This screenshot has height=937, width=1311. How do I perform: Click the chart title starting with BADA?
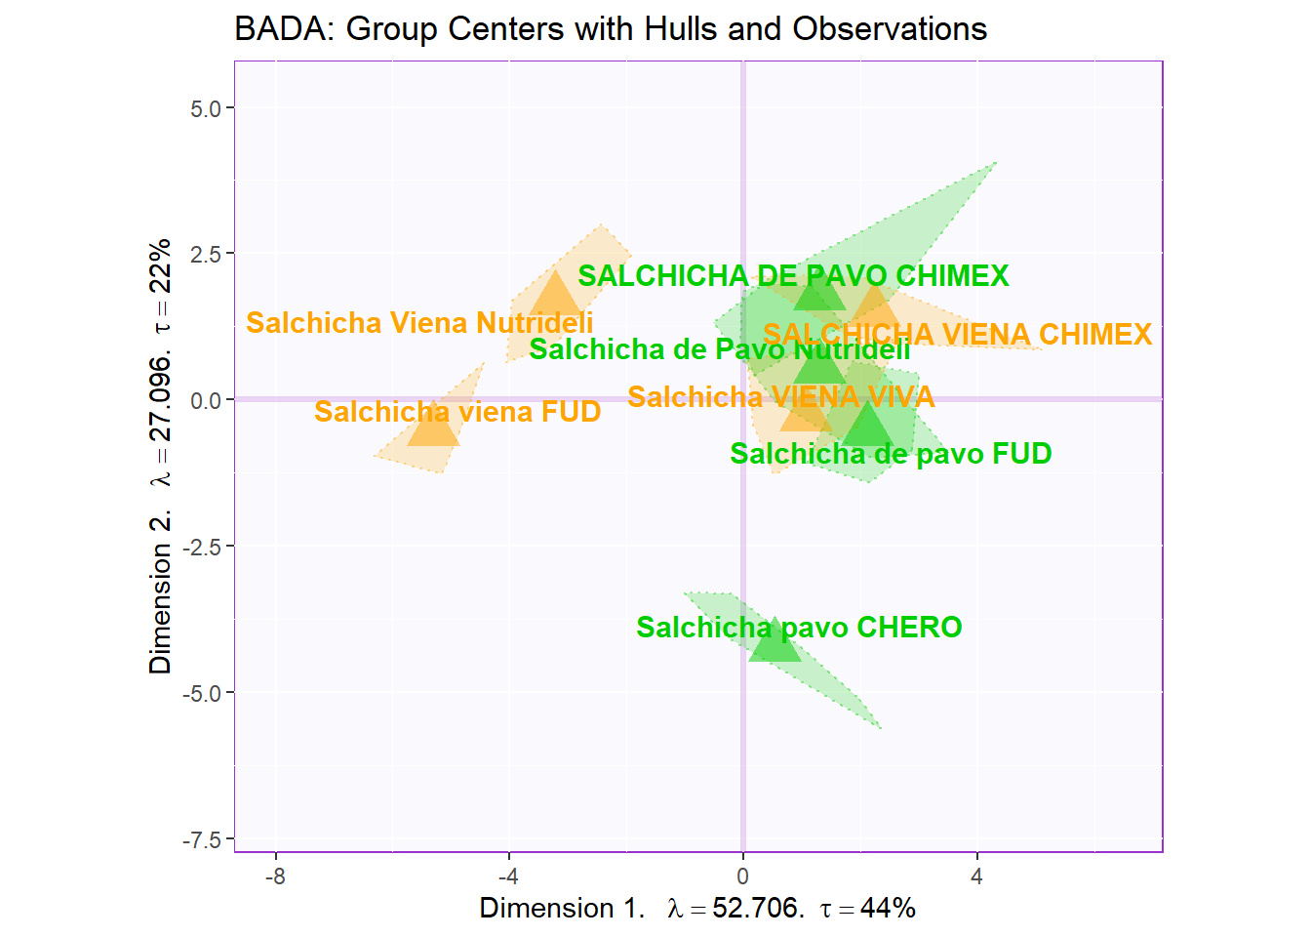611,29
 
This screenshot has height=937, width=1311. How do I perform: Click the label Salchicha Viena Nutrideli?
419,323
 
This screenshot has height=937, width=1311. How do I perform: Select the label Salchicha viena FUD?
457,412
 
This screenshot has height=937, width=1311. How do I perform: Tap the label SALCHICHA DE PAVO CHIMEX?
793,276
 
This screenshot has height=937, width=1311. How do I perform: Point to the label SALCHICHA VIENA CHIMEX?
957,335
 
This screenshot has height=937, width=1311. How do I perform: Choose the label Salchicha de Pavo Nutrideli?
720,349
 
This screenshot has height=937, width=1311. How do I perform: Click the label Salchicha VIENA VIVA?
780,397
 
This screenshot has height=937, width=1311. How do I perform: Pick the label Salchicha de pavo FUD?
891,454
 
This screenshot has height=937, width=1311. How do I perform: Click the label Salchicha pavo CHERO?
799,628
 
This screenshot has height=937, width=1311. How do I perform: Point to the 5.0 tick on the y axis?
206,108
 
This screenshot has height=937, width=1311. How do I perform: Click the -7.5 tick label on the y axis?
202,840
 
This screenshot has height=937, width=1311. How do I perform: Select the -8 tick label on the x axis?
275,876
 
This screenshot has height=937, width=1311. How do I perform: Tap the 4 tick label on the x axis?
976,876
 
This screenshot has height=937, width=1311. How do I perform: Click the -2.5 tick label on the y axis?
202,548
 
